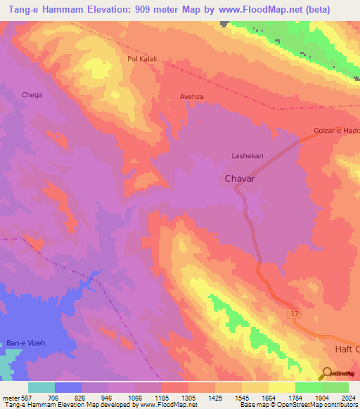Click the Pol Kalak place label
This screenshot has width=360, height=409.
click(x=141, y=60)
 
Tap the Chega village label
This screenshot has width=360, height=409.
click(x=32, y=95)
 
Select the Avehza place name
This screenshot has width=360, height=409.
click(x=191, y=97)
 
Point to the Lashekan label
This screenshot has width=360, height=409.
click(x=247, y=155)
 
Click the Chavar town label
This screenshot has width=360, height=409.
click(x=239, y=179)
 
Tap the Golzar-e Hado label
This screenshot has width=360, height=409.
click(x=336, y=131)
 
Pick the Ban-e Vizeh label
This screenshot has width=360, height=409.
click(x=25, y=342)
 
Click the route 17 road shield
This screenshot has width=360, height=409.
click(x=295, y=313)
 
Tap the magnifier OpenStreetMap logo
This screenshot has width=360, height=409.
click(x=326, y=372)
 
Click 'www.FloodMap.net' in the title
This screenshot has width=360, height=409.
click(x=265, y=10)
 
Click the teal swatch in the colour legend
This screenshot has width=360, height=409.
click(x=41, y=387)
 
